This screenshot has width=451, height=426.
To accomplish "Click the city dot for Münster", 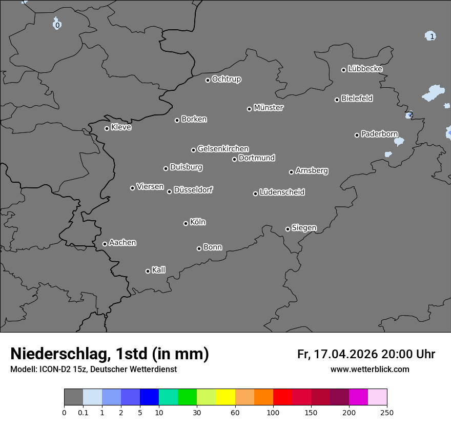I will coord(249,109).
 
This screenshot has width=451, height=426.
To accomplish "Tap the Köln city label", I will coord(197,222).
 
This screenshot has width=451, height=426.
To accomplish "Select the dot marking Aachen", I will coord(105,244).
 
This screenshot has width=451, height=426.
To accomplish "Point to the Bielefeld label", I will coord(357,99).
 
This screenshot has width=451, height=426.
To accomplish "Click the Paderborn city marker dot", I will coord(357,135).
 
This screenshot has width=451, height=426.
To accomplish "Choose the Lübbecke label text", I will coord(365,69).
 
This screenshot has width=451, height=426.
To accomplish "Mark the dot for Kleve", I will coord(107,128).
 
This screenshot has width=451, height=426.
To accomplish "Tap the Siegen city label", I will coord(304,228).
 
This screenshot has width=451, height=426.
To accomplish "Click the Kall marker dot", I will coord(148,271).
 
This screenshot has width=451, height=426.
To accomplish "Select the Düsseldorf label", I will coord(193,190).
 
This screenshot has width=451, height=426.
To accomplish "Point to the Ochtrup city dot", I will coord(208,80).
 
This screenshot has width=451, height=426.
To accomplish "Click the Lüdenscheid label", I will coord(282,192).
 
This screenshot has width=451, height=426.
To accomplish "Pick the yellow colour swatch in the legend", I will coord(225,397).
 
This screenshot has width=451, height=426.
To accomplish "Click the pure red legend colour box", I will coord(282,397).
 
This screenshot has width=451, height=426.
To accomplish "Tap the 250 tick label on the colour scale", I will coord(387,413).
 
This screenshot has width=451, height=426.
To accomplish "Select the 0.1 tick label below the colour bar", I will coord(83,413).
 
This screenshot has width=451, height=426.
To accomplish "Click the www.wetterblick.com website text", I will coord(370,370).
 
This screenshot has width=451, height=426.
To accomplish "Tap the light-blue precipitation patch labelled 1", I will coord(430,36).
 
